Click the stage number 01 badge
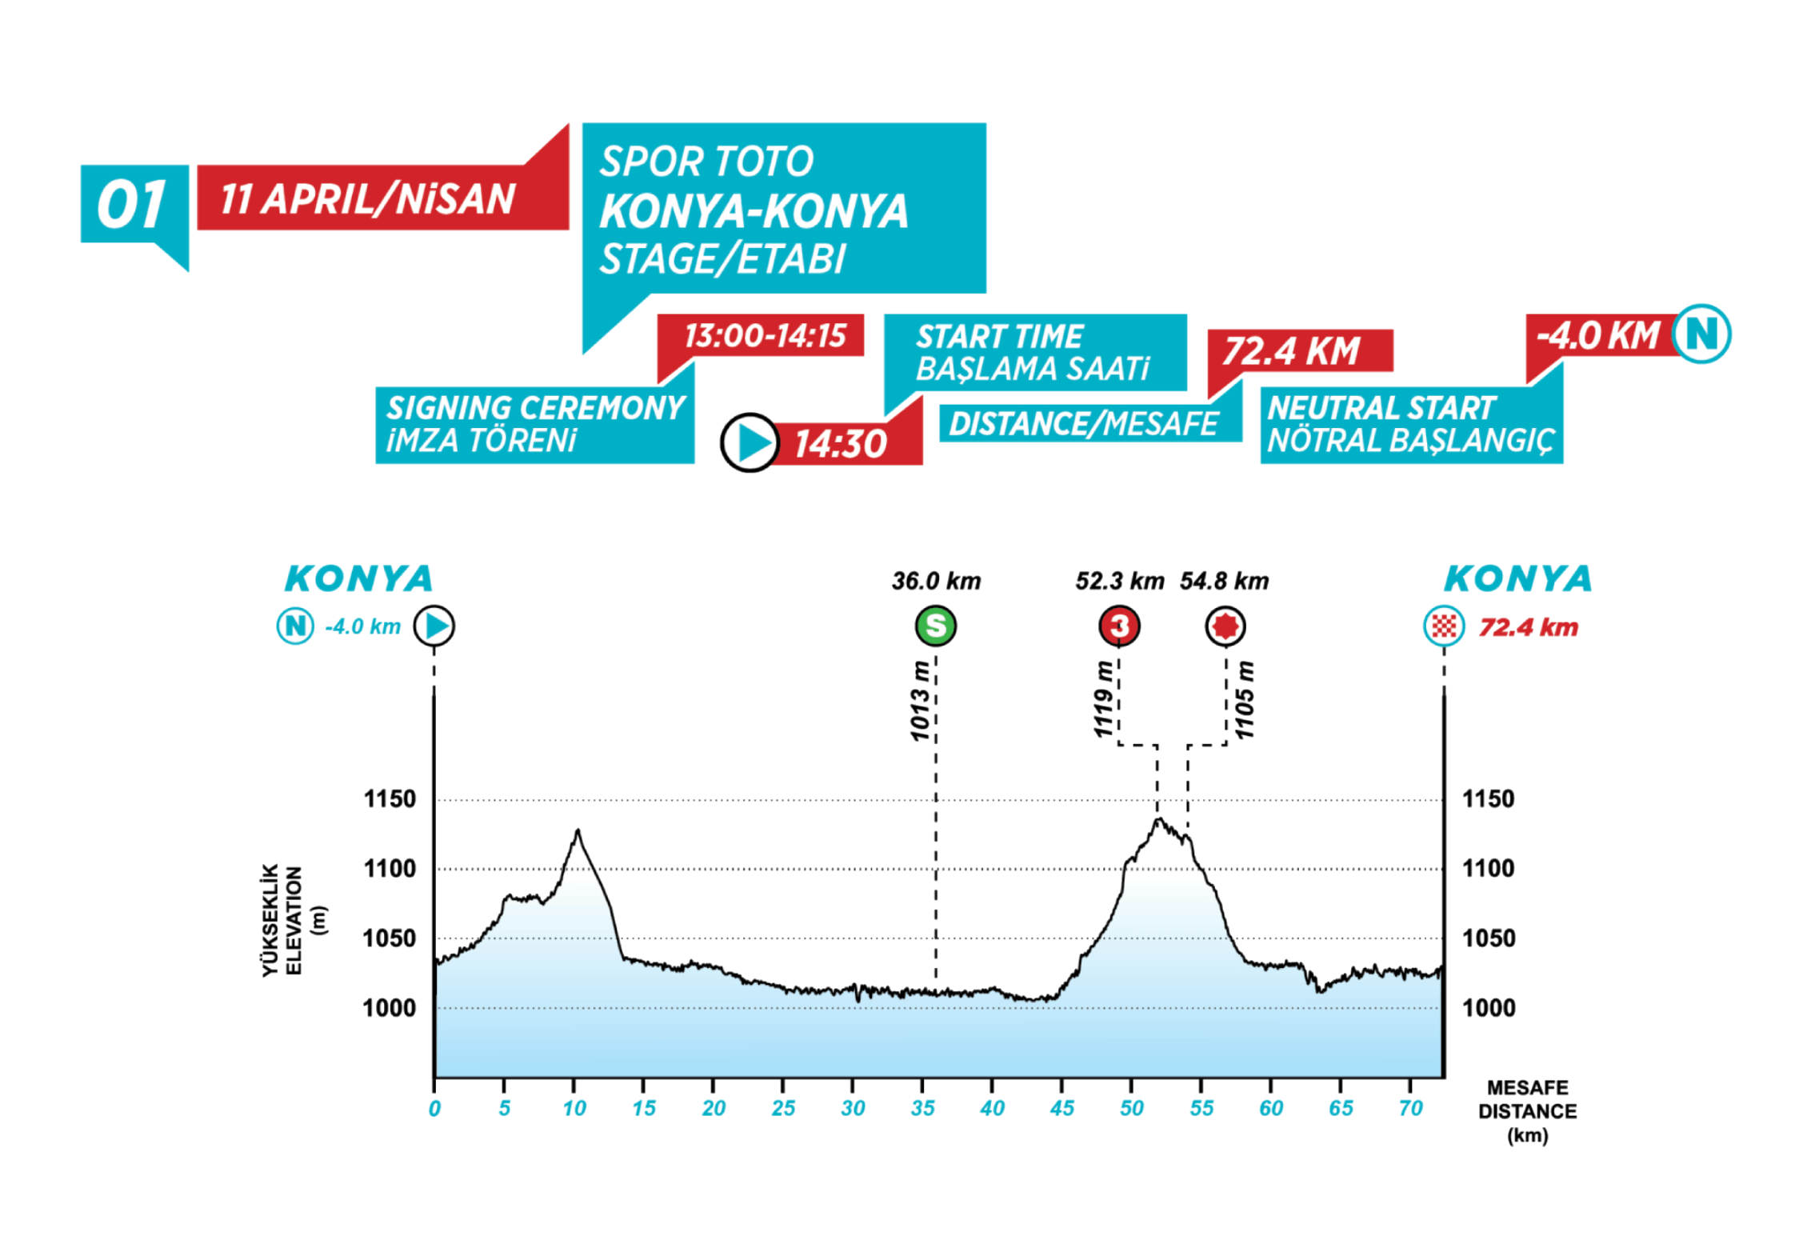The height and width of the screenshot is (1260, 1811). (x=133, y=205)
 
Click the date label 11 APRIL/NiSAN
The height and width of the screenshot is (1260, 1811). (x=367, y=199)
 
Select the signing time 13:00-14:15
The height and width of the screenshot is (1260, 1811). (x=764, y=336)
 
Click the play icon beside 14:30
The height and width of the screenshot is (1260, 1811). (x=750, y=442)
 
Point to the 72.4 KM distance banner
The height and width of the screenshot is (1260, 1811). (x=1291, y=351)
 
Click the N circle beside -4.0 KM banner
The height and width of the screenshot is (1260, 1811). (x=1703, y=334)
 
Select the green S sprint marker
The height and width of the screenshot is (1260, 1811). (x=935, y=626)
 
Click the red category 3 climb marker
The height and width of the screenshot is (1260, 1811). (x=1119, y=626)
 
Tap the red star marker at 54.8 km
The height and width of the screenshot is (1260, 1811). (x=1225, y=626)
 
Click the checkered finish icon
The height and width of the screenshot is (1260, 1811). (x=1444, y=626)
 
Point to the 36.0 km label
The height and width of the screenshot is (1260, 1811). (x=936, y=582)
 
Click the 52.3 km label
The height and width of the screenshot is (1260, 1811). (x=1119, y=582)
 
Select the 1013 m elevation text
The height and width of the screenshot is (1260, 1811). (x=921, y=701)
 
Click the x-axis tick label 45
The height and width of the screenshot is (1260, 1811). (x=1062, y=1108)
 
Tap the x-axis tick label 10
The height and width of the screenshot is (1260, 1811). (x=574, y=1108)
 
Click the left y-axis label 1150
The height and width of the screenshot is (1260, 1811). (x=390, y=798)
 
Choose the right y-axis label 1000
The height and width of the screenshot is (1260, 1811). (x=1489, y=1007)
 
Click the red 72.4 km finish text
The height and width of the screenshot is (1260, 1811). (x=1529, y=627)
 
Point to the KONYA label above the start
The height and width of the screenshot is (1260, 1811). (x=358, y=578)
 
